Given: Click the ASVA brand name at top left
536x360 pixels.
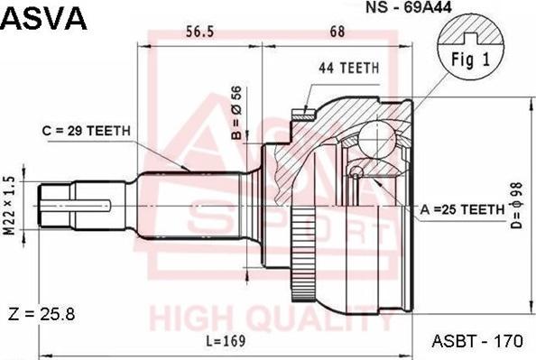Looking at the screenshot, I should tap(45, 17).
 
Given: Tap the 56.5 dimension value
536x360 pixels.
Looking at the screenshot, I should tap(199, 32).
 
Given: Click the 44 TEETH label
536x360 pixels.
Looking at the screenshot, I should tap(348, 69).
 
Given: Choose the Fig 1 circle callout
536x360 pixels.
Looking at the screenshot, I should tap(468, 59).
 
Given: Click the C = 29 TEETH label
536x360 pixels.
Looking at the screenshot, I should tap(87, 131).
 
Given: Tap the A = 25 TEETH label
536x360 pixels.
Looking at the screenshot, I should tap(462, 209).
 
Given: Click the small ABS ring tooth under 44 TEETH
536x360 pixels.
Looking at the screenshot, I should tap(301, 113).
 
